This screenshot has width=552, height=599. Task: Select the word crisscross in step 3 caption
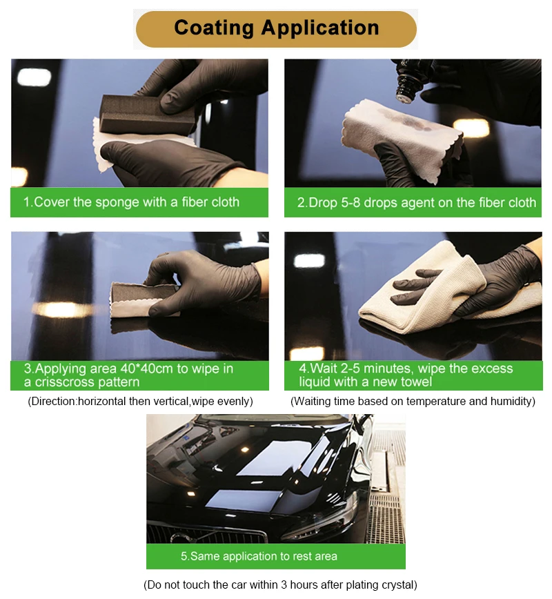[x=67, y=382]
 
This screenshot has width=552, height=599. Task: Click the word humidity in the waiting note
[x=508, y=401]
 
